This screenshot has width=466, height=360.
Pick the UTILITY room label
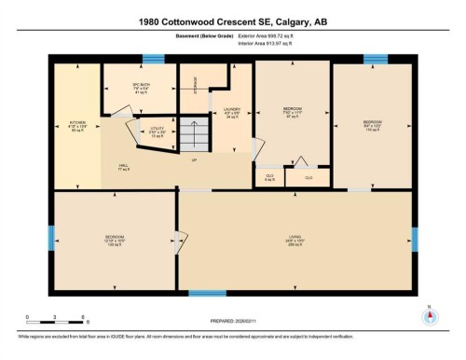coord(158,132)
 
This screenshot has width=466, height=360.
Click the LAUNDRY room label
coord(233,115)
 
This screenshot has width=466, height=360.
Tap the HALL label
coord(123,167)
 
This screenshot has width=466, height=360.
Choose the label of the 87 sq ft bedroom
coord(292,113)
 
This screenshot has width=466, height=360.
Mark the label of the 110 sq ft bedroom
coord(372,125)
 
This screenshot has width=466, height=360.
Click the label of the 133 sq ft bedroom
coord(115,240)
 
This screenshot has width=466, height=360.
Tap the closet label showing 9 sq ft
coord(269,177)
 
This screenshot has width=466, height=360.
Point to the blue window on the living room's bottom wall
coord(207,294)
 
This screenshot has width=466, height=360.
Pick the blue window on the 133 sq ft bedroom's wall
coord(51,238)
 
